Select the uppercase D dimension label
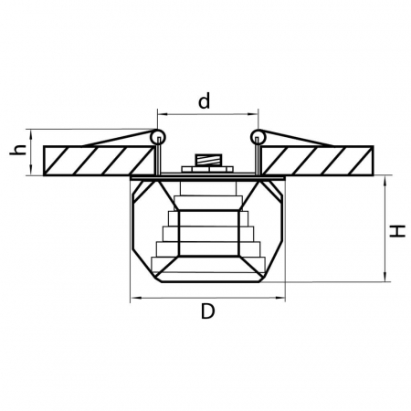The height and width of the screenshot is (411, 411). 207,311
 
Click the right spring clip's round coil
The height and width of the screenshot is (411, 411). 258,139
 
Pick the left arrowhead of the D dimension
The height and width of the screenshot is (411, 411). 135,298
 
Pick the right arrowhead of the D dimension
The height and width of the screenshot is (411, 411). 282,298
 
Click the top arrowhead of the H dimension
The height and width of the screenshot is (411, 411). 387,179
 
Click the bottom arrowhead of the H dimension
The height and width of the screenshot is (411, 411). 387,277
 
